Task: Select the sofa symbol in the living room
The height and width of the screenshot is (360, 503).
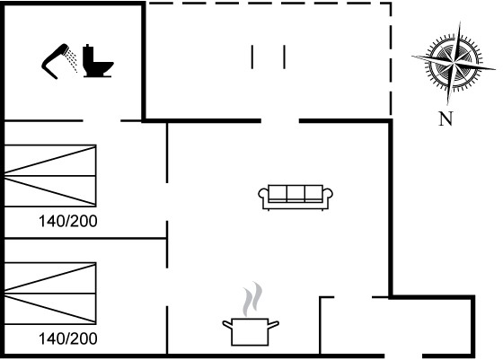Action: point(296,198)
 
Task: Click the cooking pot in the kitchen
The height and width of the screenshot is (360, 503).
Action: point(251,332)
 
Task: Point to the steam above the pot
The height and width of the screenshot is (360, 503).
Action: point(252,299)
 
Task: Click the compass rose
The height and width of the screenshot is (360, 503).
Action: point(454,63)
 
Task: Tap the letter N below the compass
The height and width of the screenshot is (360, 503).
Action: point(446,119)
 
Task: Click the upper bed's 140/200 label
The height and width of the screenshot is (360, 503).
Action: point(68,221)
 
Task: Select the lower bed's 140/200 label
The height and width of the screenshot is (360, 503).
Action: point(68,338)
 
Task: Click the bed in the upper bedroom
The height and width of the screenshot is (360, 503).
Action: point(50,176)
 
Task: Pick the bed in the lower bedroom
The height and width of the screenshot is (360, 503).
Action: point(50,294)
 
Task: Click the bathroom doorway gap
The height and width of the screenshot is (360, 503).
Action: point(101,121)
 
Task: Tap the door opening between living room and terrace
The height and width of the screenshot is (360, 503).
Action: point(279,121)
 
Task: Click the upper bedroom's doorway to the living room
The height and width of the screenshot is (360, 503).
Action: point(167,202)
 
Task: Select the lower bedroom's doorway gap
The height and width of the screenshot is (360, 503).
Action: point(167,287)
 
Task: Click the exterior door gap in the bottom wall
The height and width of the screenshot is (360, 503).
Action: point(403,356)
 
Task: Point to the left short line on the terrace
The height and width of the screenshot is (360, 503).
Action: point(252,57)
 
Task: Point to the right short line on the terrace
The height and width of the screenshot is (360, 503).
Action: point(284,57)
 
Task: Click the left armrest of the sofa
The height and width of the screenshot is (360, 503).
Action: point(263,195)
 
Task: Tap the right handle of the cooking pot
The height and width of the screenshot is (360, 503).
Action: point(273,324)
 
